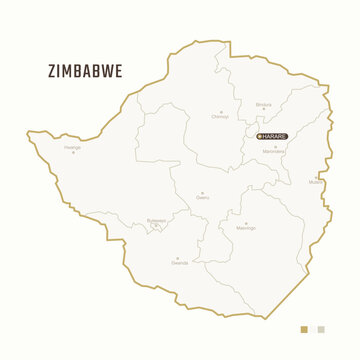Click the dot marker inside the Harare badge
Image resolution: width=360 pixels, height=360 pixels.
260,136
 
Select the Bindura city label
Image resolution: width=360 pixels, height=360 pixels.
263,104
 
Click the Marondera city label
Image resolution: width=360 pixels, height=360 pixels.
274,151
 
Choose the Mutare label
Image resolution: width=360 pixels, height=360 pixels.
316,183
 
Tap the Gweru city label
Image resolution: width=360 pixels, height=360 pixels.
203,199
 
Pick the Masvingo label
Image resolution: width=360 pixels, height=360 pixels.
245,228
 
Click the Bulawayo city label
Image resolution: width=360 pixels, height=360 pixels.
156,220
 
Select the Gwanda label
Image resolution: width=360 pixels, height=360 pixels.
179,263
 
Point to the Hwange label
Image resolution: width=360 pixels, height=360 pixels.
72,147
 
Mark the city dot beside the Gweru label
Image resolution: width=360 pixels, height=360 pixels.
203,193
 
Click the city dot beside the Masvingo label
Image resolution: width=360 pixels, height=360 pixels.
245,222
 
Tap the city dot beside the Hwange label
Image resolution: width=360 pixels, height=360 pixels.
73,153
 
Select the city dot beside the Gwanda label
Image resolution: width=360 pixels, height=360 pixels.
179,257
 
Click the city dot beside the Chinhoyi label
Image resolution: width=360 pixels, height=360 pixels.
221,110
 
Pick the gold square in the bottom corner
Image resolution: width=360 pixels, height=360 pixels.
305,328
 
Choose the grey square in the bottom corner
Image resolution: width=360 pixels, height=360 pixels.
320,328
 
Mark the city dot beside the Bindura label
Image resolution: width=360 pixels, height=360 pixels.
263,110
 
